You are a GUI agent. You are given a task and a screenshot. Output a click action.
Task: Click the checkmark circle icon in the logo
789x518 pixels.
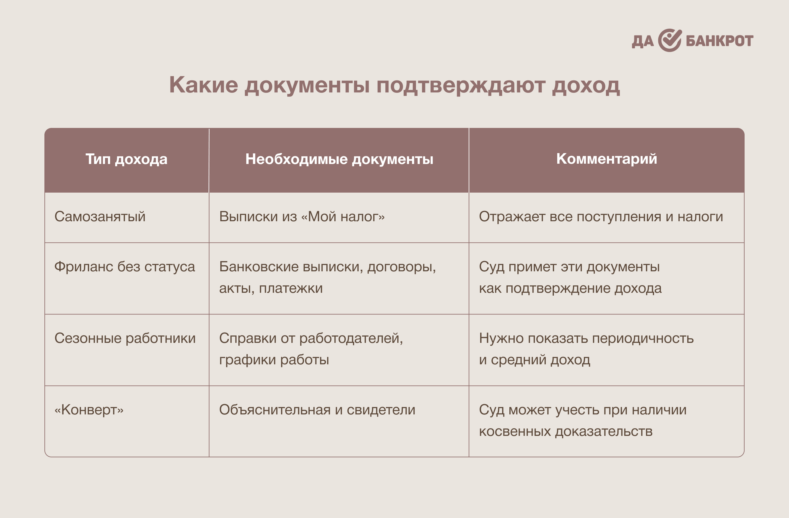tap(670, 40)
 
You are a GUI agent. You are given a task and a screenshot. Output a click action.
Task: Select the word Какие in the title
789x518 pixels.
tap(203, 85)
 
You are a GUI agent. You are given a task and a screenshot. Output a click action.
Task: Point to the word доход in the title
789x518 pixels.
tap(586, 86)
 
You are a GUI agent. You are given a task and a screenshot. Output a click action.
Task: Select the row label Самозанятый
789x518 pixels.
tap(100, 217)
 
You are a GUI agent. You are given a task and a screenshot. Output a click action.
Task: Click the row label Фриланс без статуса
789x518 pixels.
tap(125, 267)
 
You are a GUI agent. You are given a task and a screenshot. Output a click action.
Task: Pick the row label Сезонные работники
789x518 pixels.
tap(125, 338)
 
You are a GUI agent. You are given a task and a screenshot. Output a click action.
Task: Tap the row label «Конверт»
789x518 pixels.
tap(89, 410)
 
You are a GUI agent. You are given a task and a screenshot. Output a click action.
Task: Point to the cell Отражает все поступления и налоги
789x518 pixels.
tap(601, 217)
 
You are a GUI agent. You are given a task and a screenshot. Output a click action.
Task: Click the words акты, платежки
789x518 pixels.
tap(271, 288)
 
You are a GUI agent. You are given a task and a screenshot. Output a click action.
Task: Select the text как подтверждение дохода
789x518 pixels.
tap(570, 288)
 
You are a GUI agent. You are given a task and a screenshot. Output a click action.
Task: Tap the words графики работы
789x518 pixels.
tap(274, 360)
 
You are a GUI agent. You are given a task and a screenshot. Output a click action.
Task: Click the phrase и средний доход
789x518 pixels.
tap(535, 360)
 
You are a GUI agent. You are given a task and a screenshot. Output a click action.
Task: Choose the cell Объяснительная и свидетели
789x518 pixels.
tap(317, 410)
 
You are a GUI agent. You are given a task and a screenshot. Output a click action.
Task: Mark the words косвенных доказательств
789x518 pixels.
tap(566, 431)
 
